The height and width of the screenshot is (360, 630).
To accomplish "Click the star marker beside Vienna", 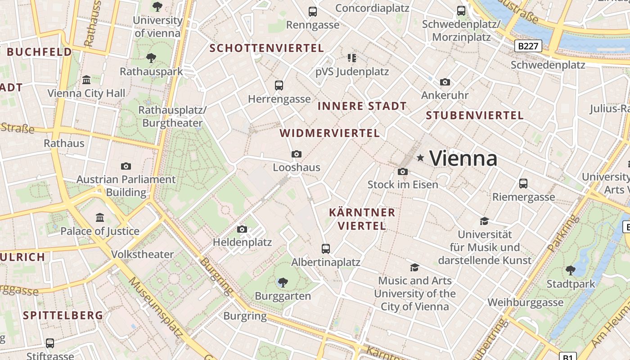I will click(420, 157).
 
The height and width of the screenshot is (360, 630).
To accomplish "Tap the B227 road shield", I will click(528, 45).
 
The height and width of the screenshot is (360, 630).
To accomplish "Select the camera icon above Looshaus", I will click(296, 154).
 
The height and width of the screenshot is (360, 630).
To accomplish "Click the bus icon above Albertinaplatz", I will click(326, 248).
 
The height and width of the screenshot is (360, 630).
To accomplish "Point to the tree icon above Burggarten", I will click(283, 283).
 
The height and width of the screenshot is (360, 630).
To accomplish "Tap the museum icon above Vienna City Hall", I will click(86, 80).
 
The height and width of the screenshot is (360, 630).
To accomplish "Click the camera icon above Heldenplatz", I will click(242, 229).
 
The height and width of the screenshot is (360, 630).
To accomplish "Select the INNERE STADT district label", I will click(362, 106).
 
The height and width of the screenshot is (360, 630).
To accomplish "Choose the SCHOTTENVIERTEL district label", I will click(267, 48).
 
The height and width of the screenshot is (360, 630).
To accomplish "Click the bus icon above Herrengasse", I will click(279, 85).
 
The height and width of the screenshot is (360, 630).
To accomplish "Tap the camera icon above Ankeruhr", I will click(445, 82).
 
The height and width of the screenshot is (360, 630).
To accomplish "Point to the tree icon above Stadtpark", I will click(571, 270).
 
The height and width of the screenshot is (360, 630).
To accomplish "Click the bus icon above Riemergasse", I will click(523, 184).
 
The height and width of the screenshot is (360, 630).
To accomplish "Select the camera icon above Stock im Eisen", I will click(403, 171).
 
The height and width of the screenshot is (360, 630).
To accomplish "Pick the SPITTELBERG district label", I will click(63, 315).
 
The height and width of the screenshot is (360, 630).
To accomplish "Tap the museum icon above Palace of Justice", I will click(100, 218).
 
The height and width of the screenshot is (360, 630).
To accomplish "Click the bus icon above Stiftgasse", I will click(50, 343).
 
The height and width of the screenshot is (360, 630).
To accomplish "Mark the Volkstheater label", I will click(142, 254).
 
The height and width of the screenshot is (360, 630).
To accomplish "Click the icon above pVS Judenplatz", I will click(351, 58).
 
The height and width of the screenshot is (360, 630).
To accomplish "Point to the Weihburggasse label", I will click(525, 302).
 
